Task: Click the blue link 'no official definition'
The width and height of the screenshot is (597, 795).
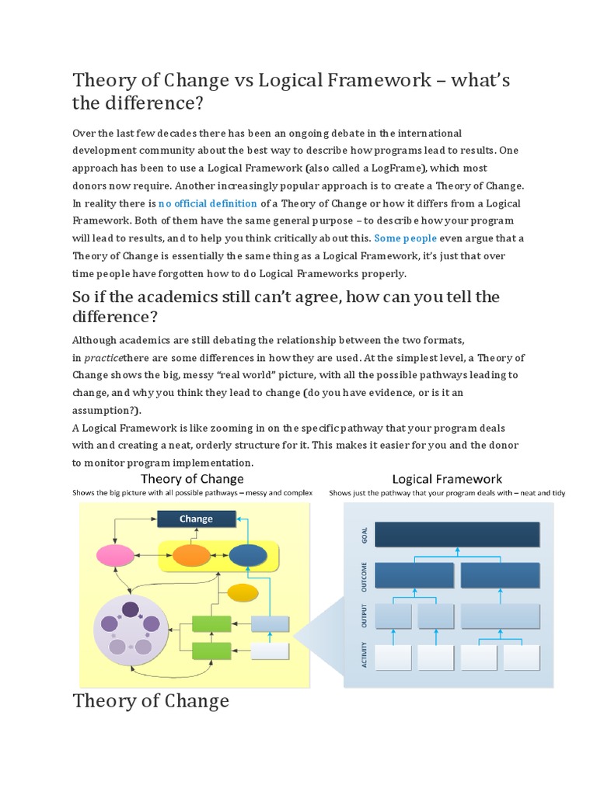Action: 208,203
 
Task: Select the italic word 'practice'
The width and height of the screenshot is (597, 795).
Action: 103,358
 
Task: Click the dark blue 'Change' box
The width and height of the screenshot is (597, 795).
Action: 196,519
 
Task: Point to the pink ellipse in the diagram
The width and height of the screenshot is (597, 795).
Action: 115,555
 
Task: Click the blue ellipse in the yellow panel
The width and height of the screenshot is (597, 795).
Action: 248,555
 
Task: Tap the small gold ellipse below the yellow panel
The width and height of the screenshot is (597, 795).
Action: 242,593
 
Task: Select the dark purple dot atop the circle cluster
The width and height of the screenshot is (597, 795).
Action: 131,609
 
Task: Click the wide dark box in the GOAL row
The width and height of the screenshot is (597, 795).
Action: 457,534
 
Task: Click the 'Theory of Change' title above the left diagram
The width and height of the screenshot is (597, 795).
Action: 191,479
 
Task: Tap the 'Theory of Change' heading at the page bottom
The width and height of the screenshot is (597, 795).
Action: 151,701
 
